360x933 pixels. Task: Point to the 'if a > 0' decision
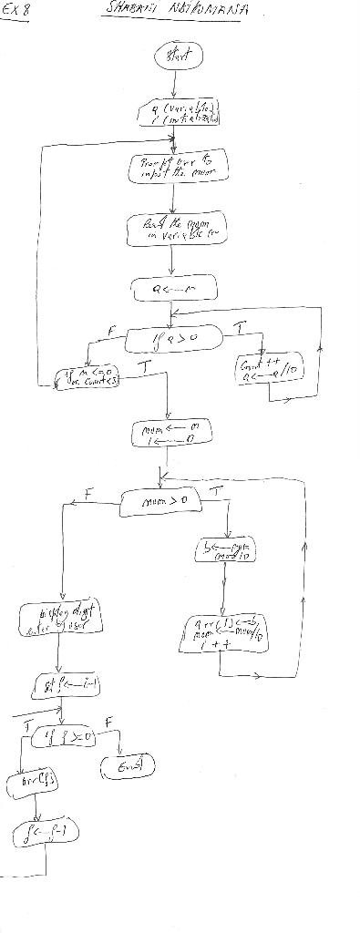[173, 340]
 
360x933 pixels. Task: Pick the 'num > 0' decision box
[164, 500]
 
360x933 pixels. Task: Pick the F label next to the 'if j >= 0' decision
[110, 720]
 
